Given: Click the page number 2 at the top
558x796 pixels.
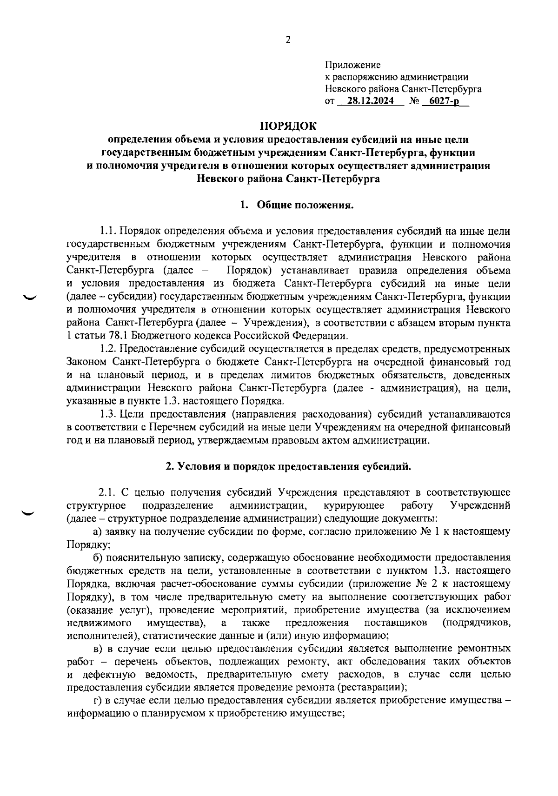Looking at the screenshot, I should (x=287, y=40).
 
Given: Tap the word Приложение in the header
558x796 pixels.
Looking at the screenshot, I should (x=352, y=65).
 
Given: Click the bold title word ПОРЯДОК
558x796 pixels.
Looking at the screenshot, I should (x=288, y=126).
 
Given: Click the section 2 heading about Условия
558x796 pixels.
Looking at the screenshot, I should (x=289, y=466).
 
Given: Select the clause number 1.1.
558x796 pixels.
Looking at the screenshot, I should (x=110, y=232).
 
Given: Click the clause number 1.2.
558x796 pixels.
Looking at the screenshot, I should (x=110, y=349).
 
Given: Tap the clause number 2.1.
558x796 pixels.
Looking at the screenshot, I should (x=106, y=492).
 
